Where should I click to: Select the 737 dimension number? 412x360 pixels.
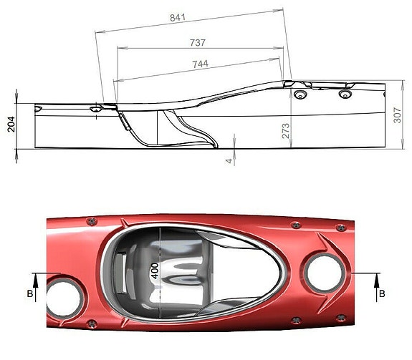(198, 43)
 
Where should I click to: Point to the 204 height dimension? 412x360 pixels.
(11, 126)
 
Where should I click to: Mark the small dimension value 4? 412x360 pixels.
(229, 160)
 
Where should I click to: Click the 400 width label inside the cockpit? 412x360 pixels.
(153, 271)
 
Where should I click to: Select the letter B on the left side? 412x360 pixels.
(29, 294)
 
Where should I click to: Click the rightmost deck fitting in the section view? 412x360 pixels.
(345, 94)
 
